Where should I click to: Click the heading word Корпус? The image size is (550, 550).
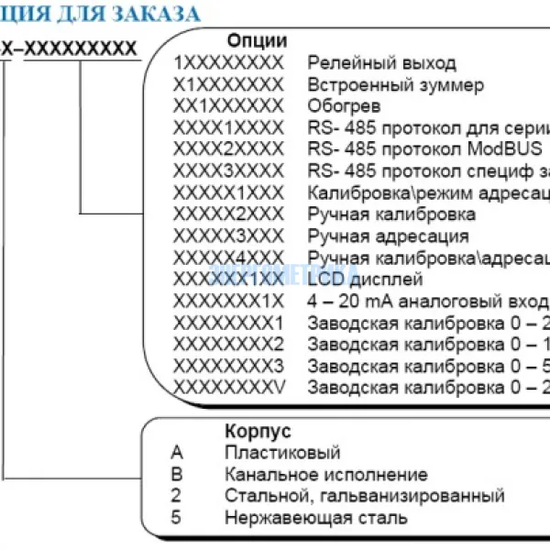[x=258, y=430]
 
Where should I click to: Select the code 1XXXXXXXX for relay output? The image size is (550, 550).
[x=228, y=63]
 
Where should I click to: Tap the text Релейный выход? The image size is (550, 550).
[x=381, y=63]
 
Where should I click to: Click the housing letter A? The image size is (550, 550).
[x=177, y=452]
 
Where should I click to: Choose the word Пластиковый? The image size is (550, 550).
[x=282, y=452]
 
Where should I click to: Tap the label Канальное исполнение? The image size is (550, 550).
[x=325, y=474]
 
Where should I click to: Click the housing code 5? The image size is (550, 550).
[x=177, y=517]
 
